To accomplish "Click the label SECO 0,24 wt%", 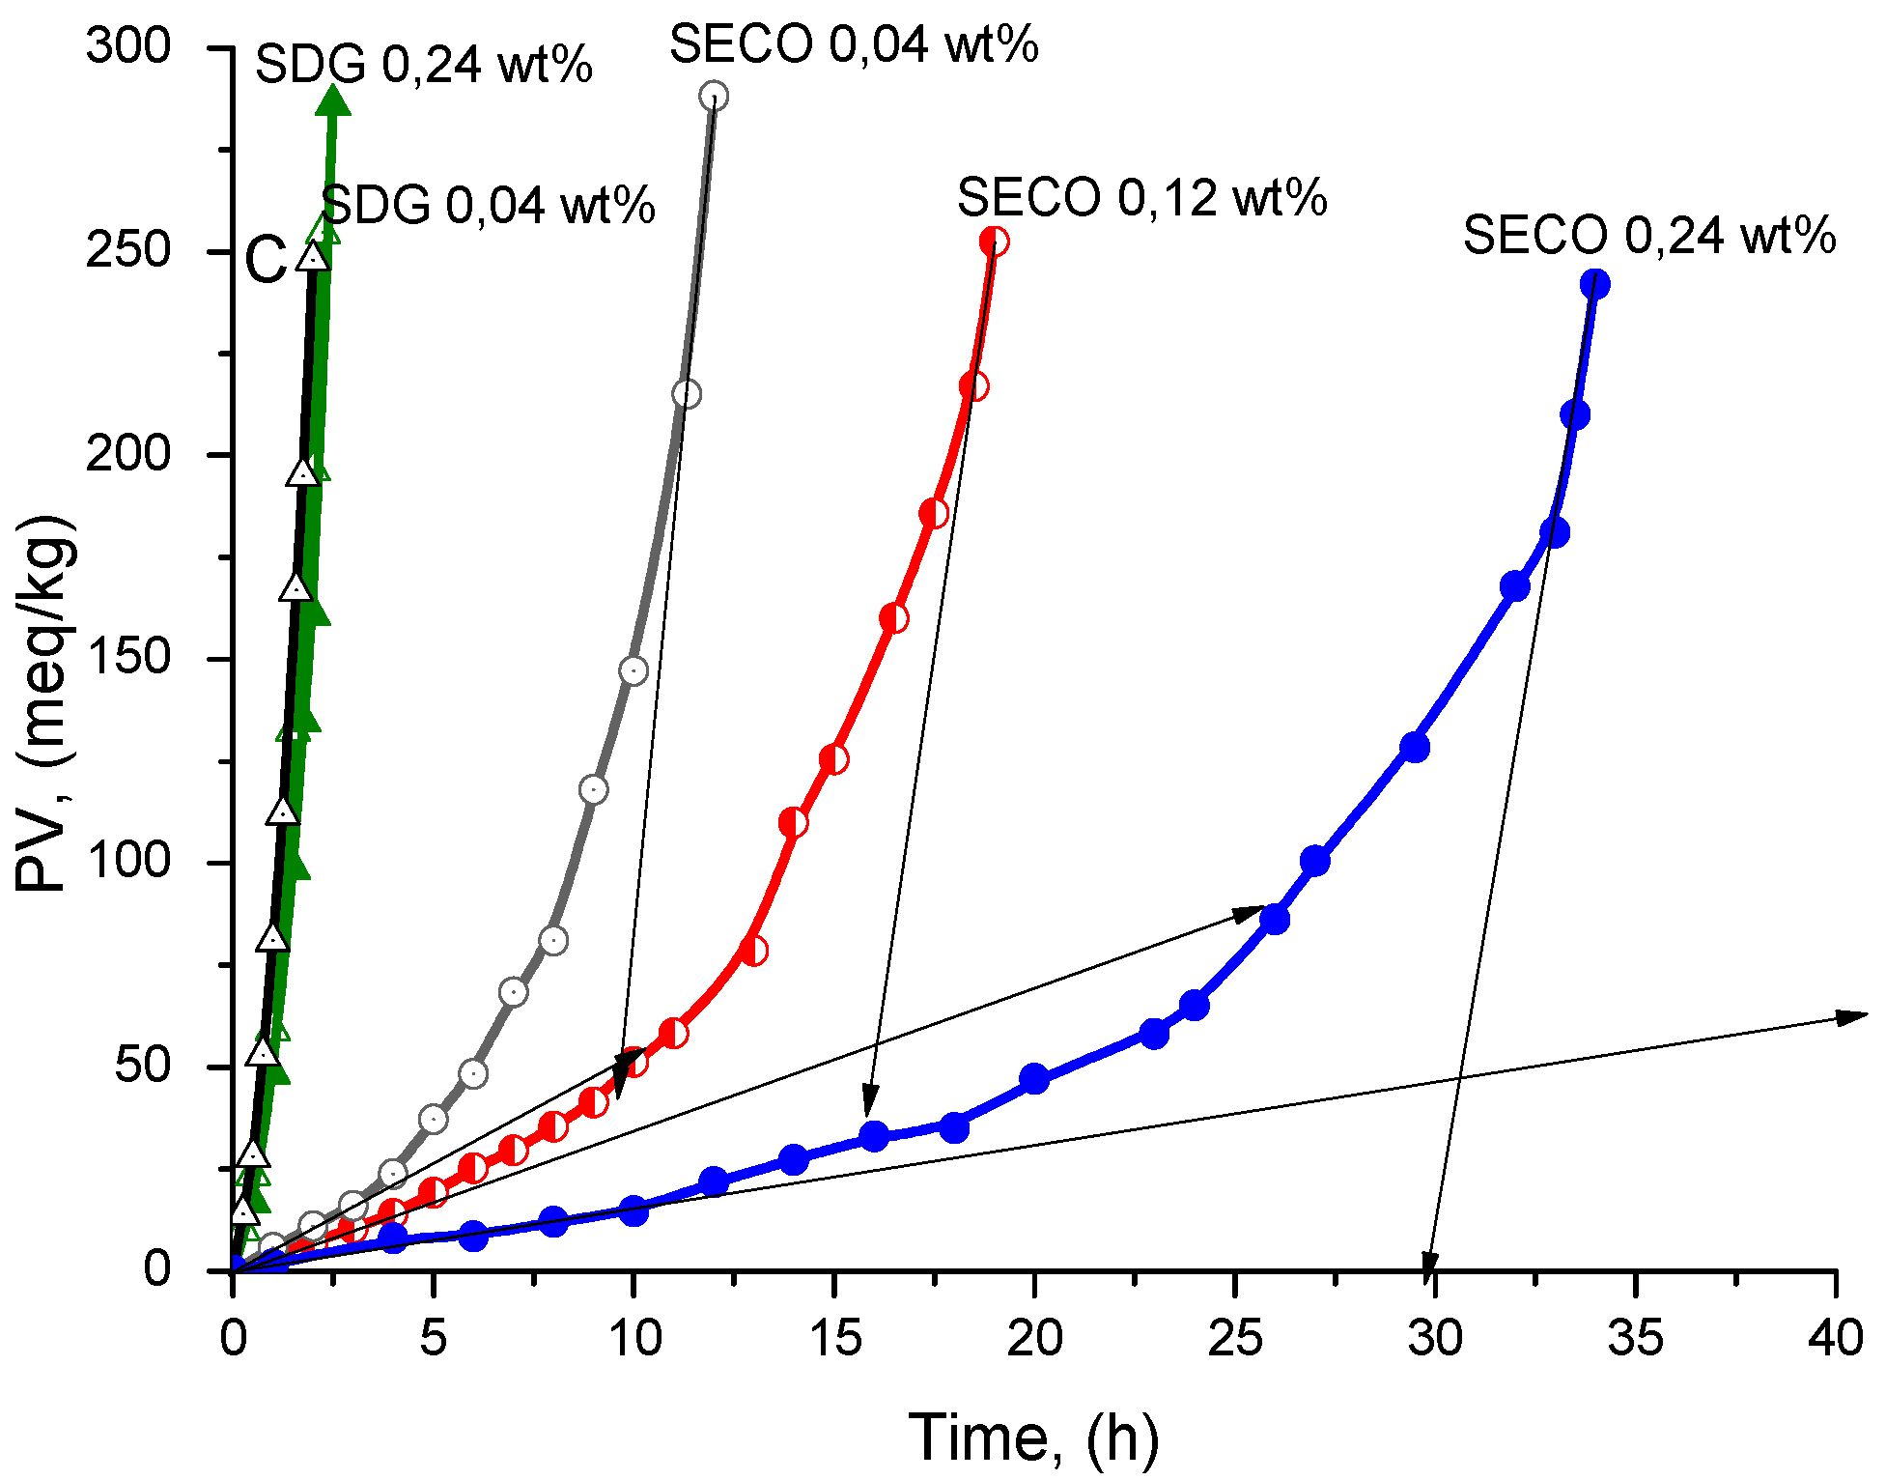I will point(1648,236).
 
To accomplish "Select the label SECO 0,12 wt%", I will point(1141,198).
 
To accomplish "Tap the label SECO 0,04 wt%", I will point(854,44).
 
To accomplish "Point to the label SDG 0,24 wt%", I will point(423,66).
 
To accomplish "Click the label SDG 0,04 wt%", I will point(488,206).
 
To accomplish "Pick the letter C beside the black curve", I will point(266,261).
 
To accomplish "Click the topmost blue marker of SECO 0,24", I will point(1594,284).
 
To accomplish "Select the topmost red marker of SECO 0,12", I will point(994,242).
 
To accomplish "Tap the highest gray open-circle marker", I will point(714,96).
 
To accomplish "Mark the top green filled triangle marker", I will point(333,100).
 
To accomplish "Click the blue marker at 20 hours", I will point(1034,1078).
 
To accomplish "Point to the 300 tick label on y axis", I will point(127,45).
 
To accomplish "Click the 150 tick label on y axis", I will point(127,658).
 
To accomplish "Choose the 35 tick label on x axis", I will point(1635,1338).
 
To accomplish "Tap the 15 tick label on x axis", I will point(833,1338).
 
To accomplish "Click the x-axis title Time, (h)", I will point(1033,1437).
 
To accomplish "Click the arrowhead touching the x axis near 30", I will point(1429,1263).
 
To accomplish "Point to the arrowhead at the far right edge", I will point(1852,1016).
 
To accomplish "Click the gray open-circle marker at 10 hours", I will point(633,670).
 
